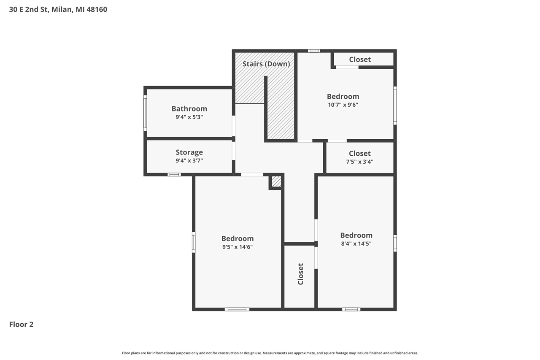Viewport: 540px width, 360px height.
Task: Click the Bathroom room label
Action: tap(189, 108)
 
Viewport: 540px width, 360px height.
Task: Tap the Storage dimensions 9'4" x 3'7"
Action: tap(189, 160)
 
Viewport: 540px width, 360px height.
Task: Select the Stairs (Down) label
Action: tap(266, 64)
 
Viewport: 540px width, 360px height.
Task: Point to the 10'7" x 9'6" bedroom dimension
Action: tap(343, 105)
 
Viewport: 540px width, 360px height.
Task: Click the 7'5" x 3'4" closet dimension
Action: tap(359, 162)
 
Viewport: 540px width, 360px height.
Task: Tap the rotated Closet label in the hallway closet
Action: tap(301, 274)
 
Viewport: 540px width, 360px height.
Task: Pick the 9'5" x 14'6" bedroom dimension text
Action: tap(238, 247)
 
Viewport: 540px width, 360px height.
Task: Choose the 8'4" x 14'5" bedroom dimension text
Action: tap(356, 244)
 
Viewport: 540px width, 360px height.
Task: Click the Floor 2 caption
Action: tap(21, 324)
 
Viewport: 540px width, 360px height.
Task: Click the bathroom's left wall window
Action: tap(145, 113)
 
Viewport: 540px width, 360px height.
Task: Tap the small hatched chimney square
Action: tap(276, 181)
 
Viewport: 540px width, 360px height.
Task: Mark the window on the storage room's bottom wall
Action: tap(174, 174)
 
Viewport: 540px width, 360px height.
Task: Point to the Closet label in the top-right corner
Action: tap(360, 60)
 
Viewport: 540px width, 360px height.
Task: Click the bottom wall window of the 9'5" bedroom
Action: tap(237, 309)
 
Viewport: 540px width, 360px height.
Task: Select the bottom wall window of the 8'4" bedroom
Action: tap(351, 309)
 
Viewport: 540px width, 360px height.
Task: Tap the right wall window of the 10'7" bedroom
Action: tap(395, 106)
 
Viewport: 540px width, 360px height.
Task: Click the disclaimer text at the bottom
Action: tap(270, 353)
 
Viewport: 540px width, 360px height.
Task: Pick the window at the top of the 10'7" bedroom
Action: tap(313, 51)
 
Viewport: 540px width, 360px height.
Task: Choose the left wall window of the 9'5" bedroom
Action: tap(194, 242)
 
